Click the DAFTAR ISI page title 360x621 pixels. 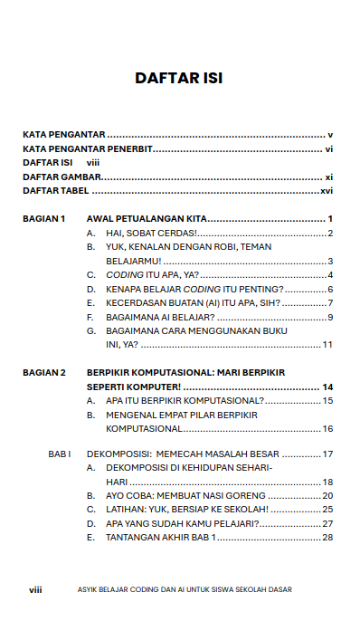coord(179,79)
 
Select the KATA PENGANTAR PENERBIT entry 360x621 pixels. coord(87,148)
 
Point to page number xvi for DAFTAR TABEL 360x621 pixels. coord(327,192)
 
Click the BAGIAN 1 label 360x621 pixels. coord(44,219)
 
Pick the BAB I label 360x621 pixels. coord(59,454)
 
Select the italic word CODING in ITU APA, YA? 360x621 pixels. coord(126,274)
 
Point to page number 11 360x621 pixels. coord(328,345)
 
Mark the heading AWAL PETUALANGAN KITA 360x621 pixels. coord(147,219)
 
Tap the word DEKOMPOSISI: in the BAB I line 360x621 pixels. coord(116,454)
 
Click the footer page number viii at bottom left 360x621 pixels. coord(35,589)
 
